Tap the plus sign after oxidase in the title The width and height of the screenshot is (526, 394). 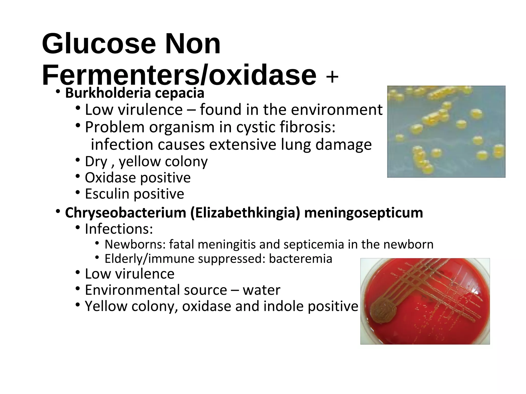point(332,77)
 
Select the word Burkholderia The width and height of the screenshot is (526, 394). point(108,93)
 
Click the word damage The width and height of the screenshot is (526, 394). point(343,145)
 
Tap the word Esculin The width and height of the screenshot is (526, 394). point(107,194)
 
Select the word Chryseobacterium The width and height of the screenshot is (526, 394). point(125,213)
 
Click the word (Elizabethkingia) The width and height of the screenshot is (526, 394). point(245,213)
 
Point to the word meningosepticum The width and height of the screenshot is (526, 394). point(363,213)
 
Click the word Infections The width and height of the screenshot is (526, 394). point(119,229)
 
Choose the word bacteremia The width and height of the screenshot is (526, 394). point(300,259)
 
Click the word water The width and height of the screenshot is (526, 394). point(261,290)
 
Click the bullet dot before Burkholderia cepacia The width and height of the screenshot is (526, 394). point(58,92)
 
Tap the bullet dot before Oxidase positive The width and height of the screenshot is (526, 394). point(78,176)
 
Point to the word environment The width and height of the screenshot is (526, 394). point(337,110)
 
